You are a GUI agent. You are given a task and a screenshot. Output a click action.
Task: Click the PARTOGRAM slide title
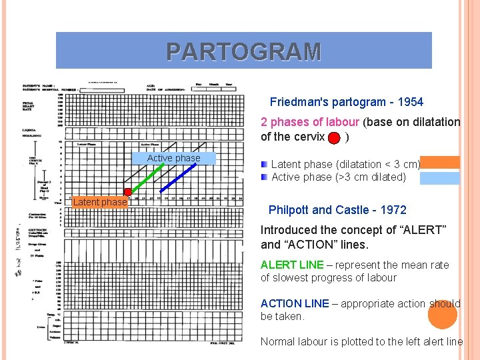[x=243, y=51]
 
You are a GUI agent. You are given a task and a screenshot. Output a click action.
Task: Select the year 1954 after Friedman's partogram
[x=410, y=102]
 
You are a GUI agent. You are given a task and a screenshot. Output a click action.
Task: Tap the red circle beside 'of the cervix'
[x=335, y=137]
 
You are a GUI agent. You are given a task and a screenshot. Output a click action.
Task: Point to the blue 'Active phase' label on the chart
[x=173, y=158]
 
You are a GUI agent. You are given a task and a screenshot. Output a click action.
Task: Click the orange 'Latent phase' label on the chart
[x=100, y=202]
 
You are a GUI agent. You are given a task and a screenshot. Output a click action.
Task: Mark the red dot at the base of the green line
[x=128, y=193]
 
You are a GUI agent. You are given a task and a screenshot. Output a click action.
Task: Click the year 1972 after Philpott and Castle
[x=393, y=210]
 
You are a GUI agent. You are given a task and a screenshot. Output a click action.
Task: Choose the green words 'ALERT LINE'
[x=292, y=265]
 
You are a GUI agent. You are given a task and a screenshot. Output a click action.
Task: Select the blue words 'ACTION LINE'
[x=295, y=303]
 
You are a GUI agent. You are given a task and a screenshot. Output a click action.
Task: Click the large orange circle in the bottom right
[x=442, y=314]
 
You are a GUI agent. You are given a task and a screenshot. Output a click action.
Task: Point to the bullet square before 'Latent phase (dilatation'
[x=264, y=164]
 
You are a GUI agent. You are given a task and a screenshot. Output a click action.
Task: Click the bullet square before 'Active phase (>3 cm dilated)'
[x=264, y=177]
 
